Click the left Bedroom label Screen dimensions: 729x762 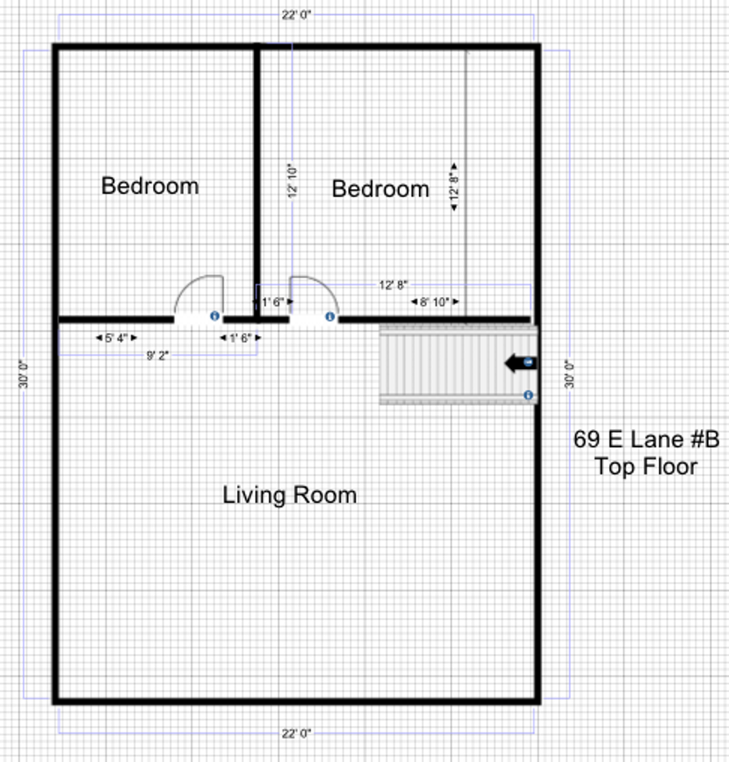click(150, 186)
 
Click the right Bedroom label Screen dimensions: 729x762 click(380, 189)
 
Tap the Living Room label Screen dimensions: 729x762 click(289, 495)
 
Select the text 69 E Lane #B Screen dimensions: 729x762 click(646, 440)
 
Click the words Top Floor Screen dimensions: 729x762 click(646, 466)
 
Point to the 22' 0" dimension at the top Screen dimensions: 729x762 click(296, 15)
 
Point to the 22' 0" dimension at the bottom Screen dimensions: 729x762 click(296, 733)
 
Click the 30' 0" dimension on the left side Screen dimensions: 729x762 click(23, 374)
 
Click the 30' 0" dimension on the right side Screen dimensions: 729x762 click(570, 374)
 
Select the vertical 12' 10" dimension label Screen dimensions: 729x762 click(292, 181)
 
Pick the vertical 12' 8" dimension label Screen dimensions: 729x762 click(454, 186)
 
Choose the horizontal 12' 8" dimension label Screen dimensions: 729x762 click(393, 285)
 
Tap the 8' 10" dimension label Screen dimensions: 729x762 click(435, 302)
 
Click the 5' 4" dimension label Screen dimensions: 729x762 click(116, 338)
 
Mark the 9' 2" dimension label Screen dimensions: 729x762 click(157, 356)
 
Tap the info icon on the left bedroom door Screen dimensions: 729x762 click(215, 316)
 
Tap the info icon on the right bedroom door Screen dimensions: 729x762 click(330, 317)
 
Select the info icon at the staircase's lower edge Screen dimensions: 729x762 click(529, 396)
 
